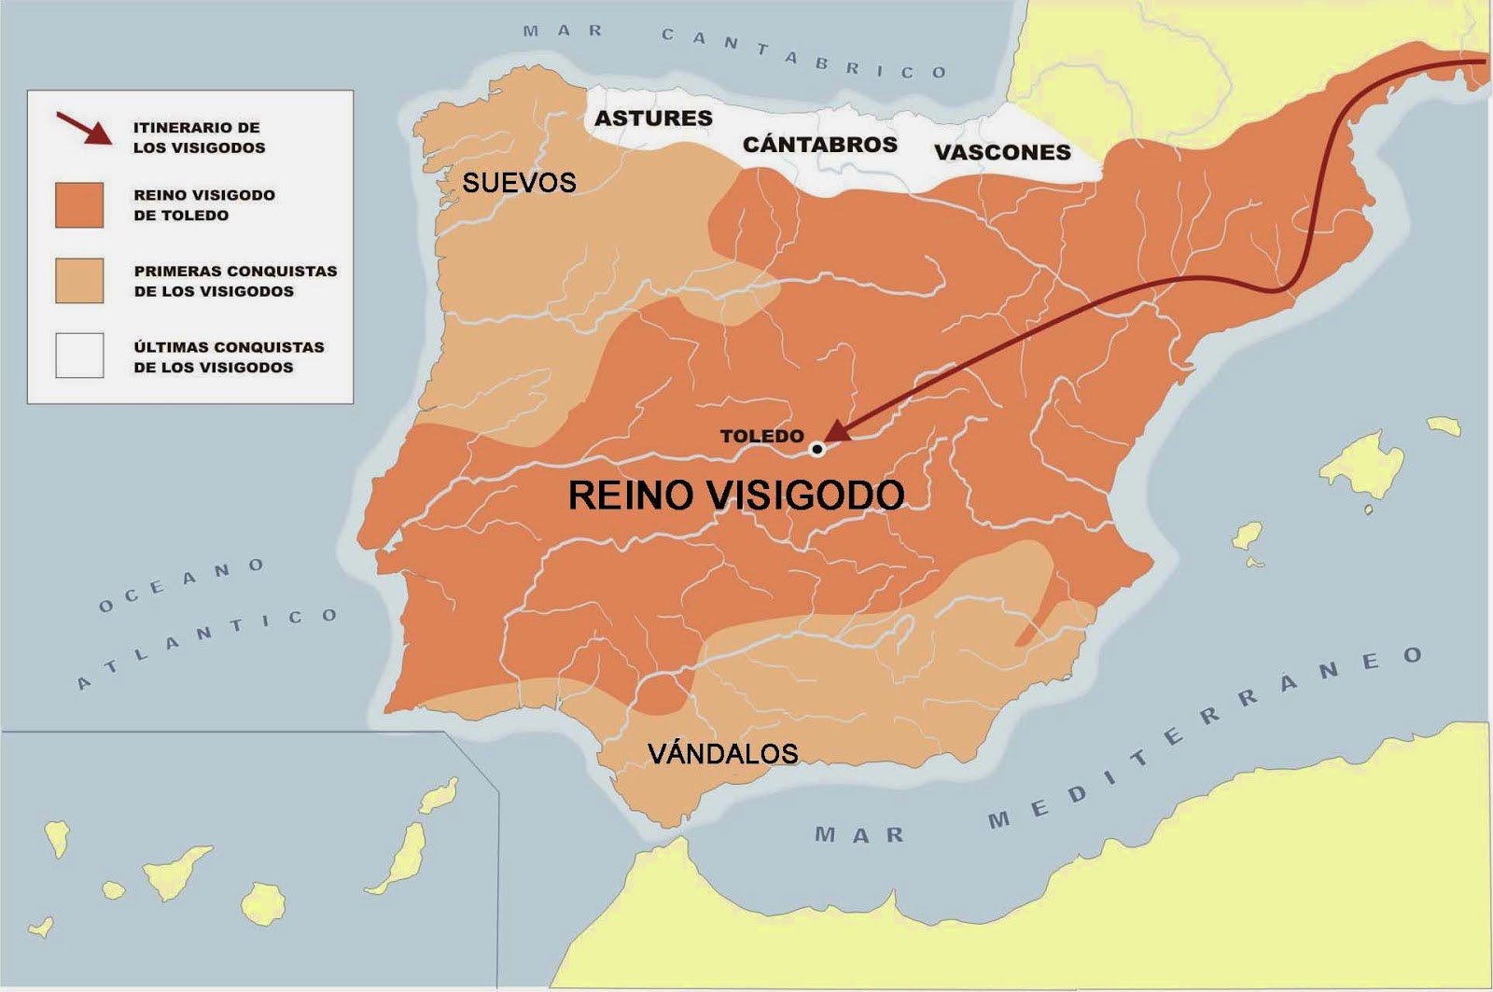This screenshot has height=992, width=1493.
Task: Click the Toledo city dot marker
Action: point(817,449)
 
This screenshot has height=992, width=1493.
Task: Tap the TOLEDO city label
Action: point(761,436)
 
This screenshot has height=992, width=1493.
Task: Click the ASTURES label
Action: point(653,119)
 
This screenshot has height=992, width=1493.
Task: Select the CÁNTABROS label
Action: point(819,145)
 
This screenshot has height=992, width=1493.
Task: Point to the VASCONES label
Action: point(1002,152)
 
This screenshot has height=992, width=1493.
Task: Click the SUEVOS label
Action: point(519,182)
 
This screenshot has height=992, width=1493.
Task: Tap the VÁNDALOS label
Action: point(723,753)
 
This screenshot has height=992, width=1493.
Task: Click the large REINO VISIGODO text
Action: point(736,496)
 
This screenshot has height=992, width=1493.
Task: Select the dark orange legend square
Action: point(79,205)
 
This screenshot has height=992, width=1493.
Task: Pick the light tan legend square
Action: point(79,281)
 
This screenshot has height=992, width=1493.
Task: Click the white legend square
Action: point(79,356)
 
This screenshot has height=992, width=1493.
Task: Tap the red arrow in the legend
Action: point(84,128)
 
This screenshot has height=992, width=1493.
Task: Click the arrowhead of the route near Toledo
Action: point(837,431)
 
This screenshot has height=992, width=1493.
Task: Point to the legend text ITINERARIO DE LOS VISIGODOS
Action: point(199,137)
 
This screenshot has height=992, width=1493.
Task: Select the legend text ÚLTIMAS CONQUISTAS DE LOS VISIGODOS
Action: point(229,356)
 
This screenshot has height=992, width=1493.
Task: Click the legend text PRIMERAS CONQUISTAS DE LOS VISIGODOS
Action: point(235,281)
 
